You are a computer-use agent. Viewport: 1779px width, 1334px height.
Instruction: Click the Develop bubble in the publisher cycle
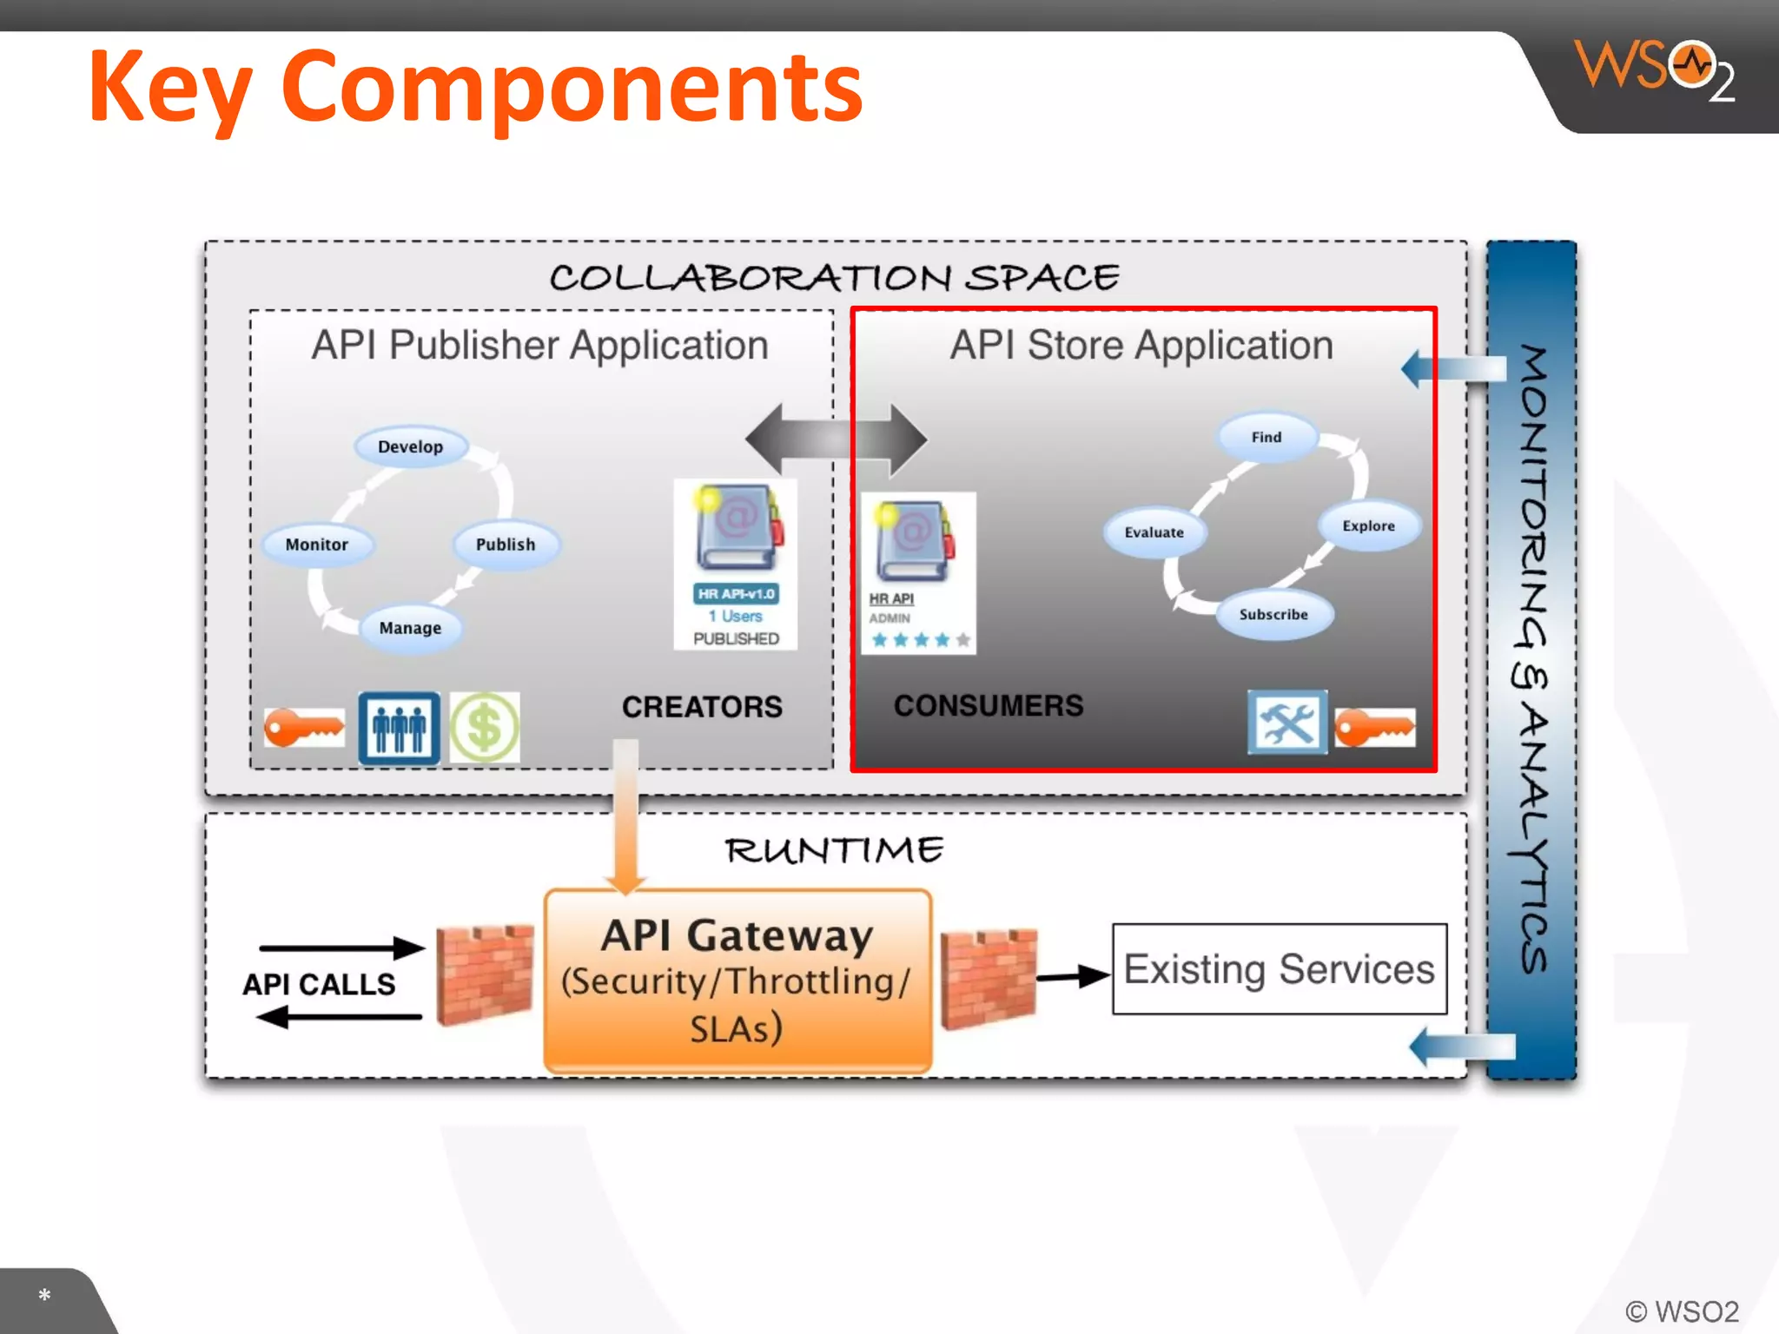pyautogui.click(x=411, y=446)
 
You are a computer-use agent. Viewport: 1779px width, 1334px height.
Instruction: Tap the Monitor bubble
pyautogui.click(x=317, y=545)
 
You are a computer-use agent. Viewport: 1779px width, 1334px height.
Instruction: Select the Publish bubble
pyautogui.click(x=506, y=545)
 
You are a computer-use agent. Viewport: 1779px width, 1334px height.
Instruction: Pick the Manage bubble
pyautogui.click(x=410, y=628)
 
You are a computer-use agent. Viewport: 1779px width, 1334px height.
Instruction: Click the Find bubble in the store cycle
pyautogui.click(x=1266, y=437)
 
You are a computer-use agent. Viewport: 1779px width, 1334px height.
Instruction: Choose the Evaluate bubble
pyautogui.click(x=1154, y=532)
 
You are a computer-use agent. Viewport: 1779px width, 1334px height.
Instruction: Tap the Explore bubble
pyautogui.click(x=1369, y=525)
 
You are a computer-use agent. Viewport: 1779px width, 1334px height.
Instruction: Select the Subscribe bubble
pyautogui.click(x=1273, y=614)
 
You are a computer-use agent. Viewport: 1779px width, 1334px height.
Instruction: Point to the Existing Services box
pyautogui.click(x=1280, y=968)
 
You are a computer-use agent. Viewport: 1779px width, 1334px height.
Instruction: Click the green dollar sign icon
pyautogui.click(x=485, y=728)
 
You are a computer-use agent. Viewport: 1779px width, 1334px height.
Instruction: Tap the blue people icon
pyautogui.click(x=400, y=728)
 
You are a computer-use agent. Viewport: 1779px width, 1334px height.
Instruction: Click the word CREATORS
pyautogui.click(x=702, y=707)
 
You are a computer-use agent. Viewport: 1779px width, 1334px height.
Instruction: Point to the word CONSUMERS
pyautogui.click(x=989, y=705)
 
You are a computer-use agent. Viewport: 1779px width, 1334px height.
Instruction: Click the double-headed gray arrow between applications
pyautogui.click(x=836, y=439)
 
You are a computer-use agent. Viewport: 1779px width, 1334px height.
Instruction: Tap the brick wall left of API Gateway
pyautogui.click(x=485, y=974)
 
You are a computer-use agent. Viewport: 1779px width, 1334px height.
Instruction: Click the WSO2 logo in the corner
pyautogui.click(x=1655, y=68)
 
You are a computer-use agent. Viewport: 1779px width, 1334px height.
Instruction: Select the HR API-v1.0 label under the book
pyautogui.click(x=736, y=594)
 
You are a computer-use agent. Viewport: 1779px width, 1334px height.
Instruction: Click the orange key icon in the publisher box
pyautogui.click(x=304, y=728)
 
